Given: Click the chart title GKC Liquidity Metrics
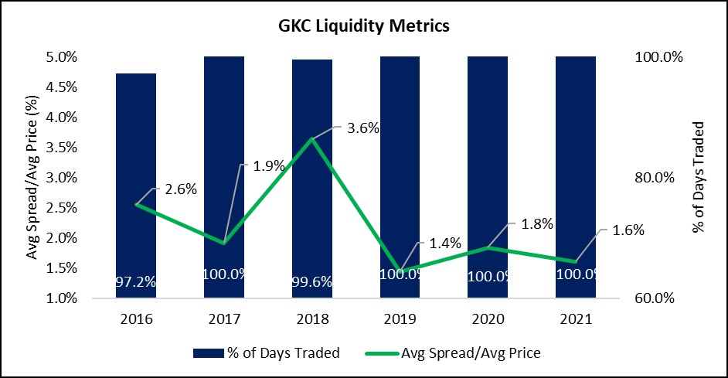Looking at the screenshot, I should point(363,26).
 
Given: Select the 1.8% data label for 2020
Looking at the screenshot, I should point(532,224).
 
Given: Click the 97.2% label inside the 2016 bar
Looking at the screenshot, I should point(136,282).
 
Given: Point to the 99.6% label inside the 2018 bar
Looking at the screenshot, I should point(312,282).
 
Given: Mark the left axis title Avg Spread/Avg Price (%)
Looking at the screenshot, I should point(32,176).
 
